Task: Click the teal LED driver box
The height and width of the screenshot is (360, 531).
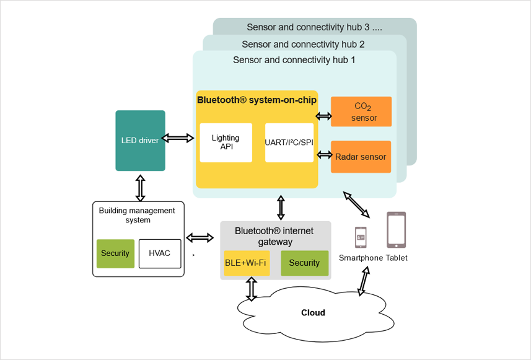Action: (140, 141)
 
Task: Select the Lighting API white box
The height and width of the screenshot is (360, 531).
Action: (226, 143)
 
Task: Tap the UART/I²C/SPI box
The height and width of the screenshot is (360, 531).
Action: (289, 143)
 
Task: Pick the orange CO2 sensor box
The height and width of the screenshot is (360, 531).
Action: (361, 112)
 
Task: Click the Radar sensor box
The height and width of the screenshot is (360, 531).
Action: (361, 157)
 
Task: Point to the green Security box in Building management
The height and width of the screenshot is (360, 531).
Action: (115, 253)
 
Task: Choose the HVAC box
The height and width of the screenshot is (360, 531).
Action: (160, 253)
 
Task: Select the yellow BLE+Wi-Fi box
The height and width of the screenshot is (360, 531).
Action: (247, 263)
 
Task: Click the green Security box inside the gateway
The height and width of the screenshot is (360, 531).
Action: (304, 263)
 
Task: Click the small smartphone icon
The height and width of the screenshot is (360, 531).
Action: (361, 237)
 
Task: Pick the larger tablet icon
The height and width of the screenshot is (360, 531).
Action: (397, 230)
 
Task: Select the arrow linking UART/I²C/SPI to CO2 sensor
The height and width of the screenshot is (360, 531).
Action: (323, 116)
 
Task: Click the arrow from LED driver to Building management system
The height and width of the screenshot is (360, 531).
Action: (140, 187)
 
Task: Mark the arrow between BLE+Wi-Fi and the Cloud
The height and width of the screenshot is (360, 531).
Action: (251, 289)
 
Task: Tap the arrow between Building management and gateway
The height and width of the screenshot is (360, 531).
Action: (200, 238)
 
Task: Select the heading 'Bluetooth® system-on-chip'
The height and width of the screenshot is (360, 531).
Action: (257, 100)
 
